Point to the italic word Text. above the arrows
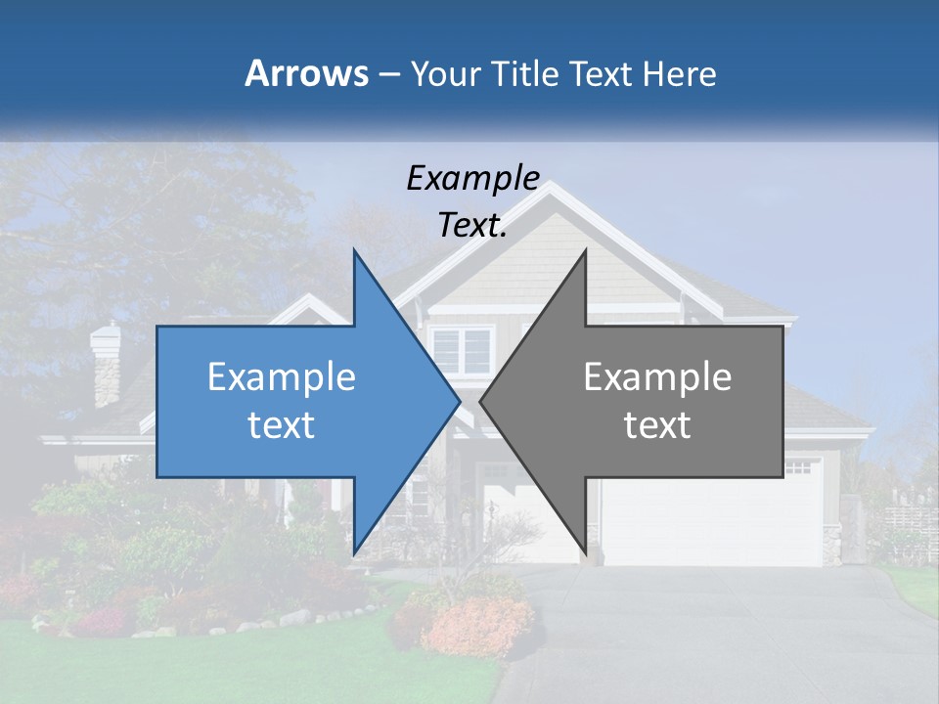(x=472, y=226)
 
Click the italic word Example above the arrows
(x=473, y=178)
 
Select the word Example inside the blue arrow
(x=282, y=376)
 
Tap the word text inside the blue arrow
(x=282, y=425)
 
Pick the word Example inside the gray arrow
(x=657, y=376)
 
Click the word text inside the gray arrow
(x=657, y=425)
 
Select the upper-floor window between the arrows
(x=462, y=349)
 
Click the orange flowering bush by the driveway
(x=479, y=622)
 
